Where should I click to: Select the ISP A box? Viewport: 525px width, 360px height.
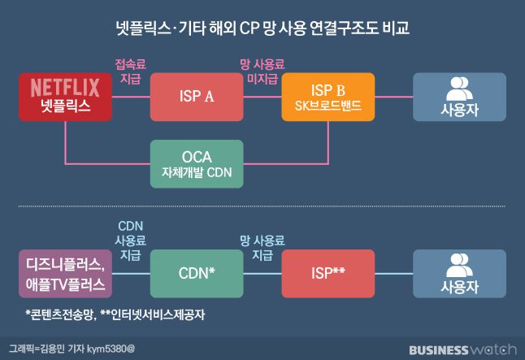click(197, 98)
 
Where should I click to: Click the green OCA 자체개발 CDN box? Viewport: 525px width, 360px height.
click(197, 163)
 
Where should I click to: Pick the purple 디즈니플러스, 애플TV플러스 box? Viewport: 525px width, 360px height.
click(64, 274)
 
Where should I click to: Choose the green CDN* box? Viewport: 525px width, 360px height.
click(197, 274)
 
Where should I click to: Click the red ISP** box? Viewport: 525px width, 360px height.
click(328, 274)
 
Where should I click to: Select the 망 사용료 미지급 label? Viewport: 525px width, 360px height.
click(262, 71)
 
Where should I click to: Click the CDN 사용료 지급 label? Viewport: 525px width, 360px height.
click(130, 239)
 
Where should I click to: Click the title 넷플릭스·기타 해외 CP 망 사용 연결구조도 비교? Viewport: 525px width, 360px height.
click(262, 30)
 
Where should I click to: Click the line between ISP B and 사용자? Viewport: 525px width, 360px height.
click(393, 98)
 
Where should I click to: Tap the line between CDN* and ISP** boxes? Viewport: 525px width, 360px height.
click(262, 274)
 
